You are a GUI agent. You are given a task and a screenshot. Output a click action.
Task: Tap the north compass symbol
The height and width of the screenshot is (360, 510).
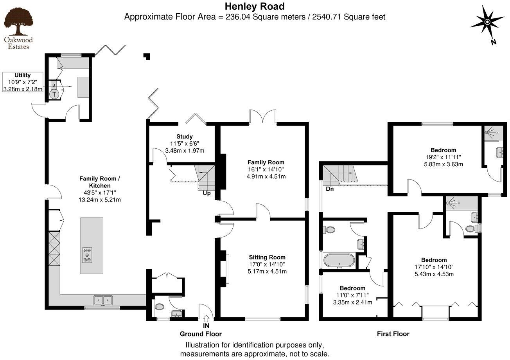[x=487, y=22]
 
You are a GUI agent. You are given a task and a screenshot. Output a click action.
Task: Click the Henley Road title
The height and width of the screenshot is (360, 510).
[x=254, y=6]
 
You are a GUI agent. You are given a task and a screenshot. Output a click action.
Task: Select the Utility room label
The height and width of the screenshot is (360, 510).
[x=23, y=75]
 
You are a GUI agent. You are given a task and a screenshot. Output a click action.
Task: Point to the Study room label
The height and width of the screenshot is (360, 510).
[x=184, y=137]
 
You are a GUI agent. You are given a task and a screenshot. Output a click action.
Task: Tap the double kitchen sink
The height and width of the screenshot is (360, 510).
[x=103, y=300]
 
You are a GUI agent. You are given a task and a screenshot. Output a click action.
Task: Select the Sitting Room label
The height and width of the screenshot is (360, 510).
[x=267, y=257]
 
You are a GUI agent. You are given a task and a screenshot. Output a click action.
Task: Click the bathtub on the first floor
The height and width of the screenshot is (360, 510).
[x=339, y=261]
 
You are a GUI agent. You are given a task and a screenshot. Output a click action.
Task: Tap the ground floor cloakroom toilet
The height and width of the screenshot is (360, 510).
[x=159, y=308]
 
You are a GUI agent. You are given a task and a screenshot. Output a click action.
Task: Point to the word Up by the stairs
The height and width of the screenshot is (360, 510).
[x=207, y=193]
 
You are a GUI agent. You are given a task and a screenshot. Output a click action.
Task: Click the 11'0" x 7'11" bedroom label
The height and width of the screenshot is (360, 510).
[x=352, y=295]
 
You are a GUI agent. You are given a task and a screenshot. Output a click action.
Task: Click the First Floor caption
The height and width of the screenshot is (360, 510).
[x=393, y=334]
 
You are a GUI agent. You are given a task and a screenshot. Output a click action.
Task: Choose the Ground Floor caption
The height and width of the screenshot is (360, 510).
[x=201, y=334]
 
